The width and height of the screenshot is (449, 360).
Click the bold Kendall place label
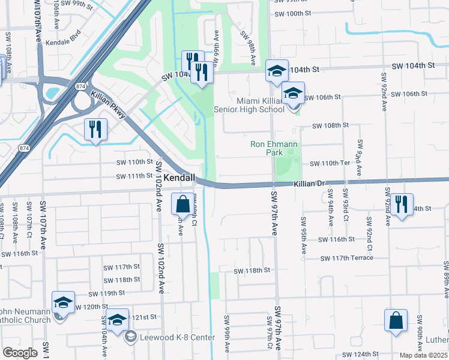pos(179,178)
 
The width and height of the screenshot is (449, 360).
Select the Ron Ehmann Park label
pos(267,148)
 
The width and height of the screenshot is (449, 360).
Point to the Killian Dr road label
pos(309,186)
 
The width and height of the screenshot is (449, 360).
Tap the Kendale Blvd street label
pos(67,37)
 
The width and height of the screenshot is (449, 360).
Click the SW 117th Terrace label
pos(347,258)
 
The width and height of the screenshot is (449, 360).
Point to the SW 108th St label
pos(330,125)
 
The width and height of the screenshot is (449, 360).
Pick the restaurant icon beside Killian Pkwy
pos(95,129)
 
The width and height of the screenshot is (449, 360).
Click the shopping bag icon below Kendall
pos(182,204)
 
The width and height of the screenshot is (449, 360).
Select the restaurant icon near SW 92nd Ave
pos(400,205)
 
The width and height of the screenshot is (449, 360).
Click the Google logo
pos(20,353)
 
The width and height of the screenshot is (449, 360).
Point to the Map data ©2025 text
pos(423,355)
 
